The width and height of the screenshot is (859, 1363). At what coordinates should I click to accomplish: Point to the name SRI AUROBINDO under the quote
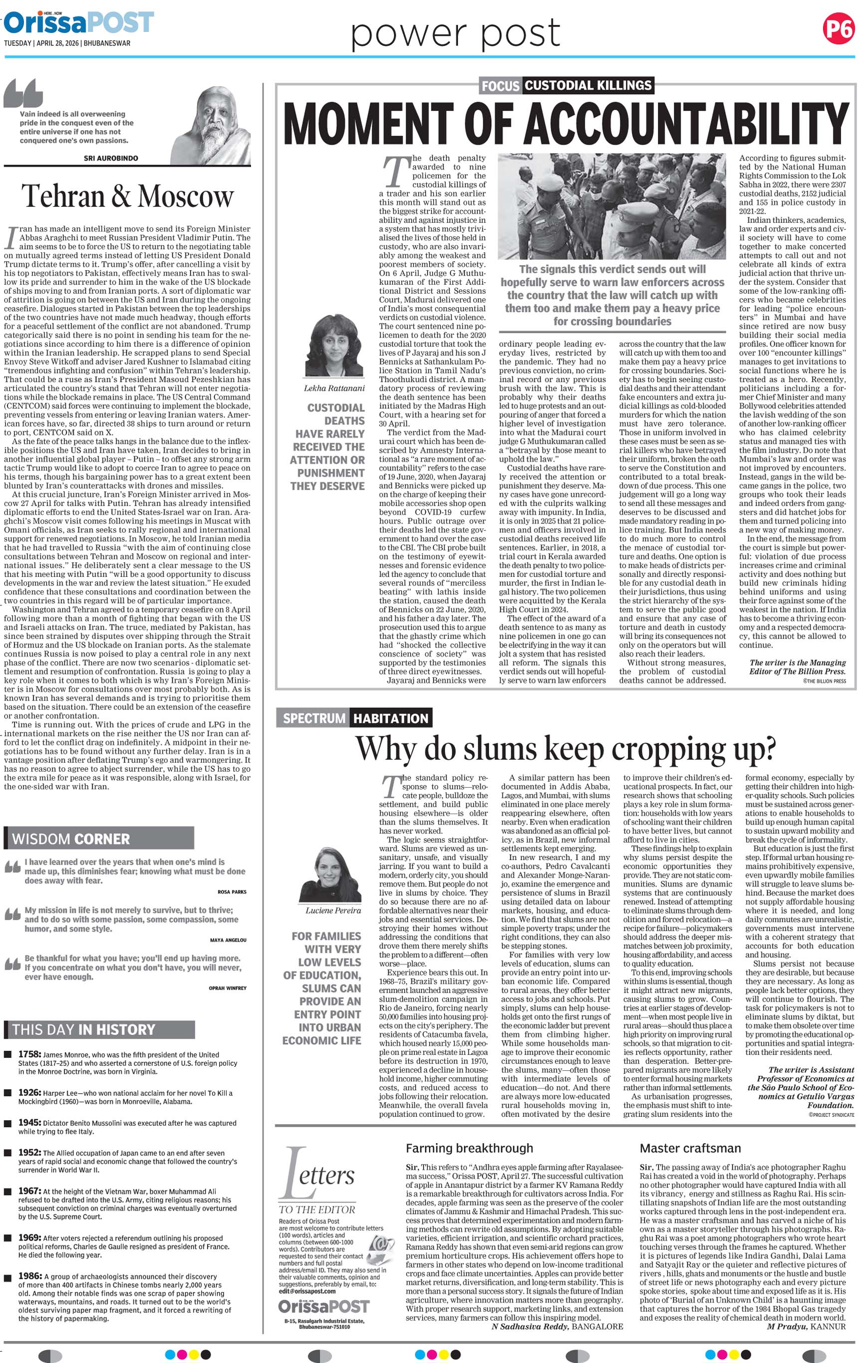(x=111, y=159)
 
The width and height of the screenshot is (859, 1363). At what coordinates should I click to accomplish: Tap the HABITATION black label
(x=391, y=718)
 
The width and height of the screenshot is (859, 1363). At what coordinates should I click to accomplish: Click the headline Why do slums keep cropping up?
(x=565, y=749)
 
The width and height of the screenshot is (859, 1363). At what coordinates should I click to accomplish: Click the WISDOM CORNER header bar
(x=99, y=839)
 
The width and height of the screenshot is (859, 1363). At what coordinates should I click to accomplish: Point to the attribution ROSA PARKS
(x=231, y=892)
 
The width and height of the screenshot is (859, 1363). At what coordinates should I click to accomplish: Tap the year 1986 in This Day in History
(x=29, y=1276)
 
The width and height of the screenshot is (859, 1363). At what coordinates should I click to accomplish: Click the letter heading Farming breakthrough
(x=469, y=1149)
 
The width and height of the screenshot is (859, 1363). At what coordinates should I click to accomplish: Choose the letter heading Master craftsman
(x=690, y=1149)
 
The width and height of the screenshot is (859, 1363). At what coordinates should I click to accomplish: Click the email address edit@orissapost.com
(x=307, y=1291)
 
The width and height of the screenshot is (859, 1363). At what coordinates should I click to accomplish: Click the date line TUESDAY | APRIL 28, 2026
(x=67, y=43)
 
